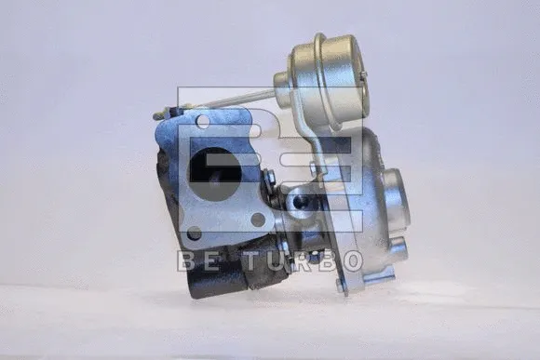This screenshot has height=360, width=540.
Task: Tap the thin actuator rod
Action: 235,99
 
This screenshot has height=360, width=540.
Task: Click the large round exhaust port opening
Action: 215,174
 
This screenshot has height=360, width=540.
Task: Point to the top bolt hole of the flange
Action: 204,120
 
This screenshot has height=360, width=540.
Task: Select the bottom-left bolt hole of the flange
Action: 195,233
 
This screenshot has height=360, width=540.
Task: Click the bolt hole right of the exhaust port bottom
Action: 258,220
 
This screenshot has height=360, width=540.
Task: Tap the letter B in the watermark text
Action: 188,260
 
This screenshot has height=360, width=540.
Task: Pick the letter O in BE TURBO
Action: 353,260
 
